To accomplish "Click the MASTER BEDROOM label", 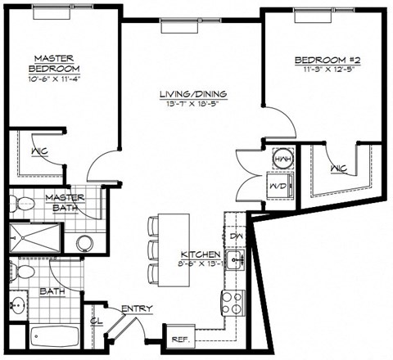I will click(x=56, y=64).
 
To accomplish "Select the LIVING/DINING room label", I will click(x=193, y=95).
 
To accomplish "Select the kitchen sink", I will click(x=237, y=262).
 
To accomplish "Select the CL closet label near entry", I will click(x=96, y=322).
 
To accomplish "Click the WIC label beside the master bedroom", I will click(x=37, y=152).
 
